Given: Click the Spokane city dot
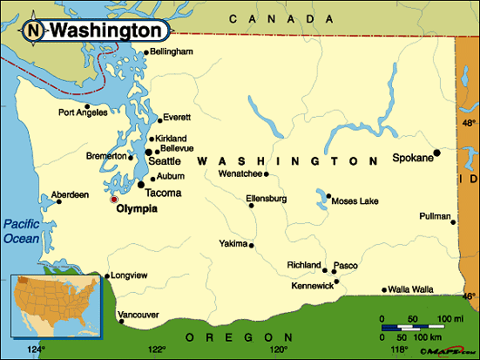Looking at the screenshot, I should (x=437, y=153).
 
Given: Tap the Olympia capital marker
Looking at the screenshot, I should (x=113, y=200).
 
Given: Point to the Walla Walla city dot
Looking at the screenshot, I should (x=384, y=289).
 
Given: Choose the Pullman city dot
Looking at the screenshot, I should (x=453, y=221).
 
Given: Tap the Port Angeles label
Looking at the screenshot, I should (x=82, y=112).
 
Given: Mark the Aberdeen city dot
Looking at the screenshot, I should (x=60, y=202).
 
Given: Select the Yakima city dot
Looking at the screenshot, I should (x=252, y=245).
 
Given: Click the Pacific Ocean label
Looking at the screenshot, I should (x=21, y=230).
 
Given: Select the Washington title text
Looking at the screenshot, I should (x=106, y=31).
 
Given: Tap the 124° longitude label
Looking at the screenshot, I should (x=35, y=351).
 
